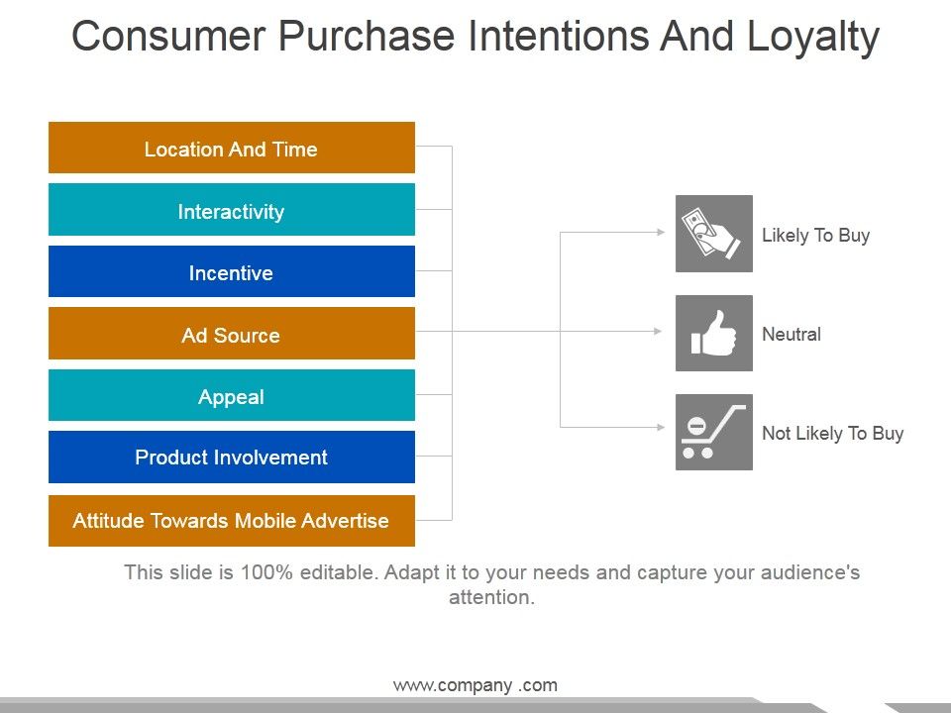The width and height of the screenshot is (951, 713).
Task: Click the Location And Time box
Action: pyautogui.click(x=232, y=148)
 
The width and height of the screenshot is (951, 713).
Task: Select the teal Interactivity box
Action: pyautogui.click(x=232, y=209)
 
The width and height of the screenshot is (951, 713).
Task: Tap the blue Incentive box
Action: pyautogui.click(x=232, y=271)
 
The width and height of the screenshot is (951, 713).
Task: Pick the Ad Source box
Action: pyautogui.click(x=232, y=333)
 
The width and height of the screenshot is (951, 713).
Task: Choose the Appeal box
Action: pyautogui.click(x=232, y=395)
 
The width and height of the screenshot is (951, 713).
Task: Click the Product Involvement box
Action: pyautogui.click(x=232, y=457)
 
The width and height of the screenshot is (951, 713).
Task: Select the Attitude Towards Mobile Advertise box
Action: pyautogui.click(x=232, y=520)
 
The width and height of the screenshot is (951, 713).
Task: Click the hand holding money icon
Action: pyautogui.click(x=714, y=234)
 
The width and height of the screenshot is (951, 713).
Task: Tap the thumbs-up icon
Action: pyautogui.click(x=714, y=333)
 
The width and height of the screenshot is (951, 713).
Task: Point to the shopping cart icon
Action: pyautogui.click(x=714, y=432)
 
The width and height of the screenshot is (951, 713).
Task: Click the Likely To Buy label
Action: pyautogui.click(x=815, y=236)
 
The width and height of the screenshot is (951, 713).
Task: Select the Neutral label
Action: pyautogui.click(x=791, y=334)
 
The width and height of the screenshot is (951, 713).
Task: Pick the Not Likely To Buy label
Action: pyautogui.click(x=833, y=434)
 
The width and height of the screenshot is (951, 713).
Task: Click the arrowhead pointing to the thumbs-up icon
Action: pyautogui.click(x=658, y=331)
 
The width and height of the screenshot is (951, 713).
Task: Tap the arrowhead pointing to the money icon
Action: pyautogui.click(x=661, y=232)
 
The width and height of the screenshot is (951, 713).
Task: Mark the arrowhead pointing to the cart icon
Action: pyautogui.click(x=661, y=427)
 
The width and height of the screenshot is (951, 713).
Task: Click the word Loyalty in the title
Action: pyautogui.click(x=812, y=38)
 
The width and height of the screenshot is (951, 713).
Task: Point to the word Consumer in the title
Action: pyautogui.click(x=168, y=36)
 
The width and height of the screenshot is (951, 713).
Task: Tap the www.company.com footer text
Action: pyautogui.click(x=475, y=685)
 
